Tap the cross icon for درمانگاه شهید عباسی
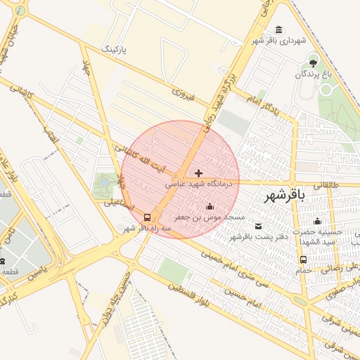tap(199, 172)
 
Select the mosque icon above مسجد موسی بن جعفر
tap(210, 206)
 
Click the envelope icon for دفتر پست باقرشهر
tap(258, 226)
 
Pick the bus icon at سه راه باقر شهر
tap(148, 217)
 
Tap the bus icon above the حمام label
tap(303, 259)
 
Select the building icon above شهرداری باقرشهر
tap(281, 30)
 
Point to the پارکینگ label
tap(117, 50)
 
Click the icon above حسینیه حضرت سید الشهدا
tap(317, 221)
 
